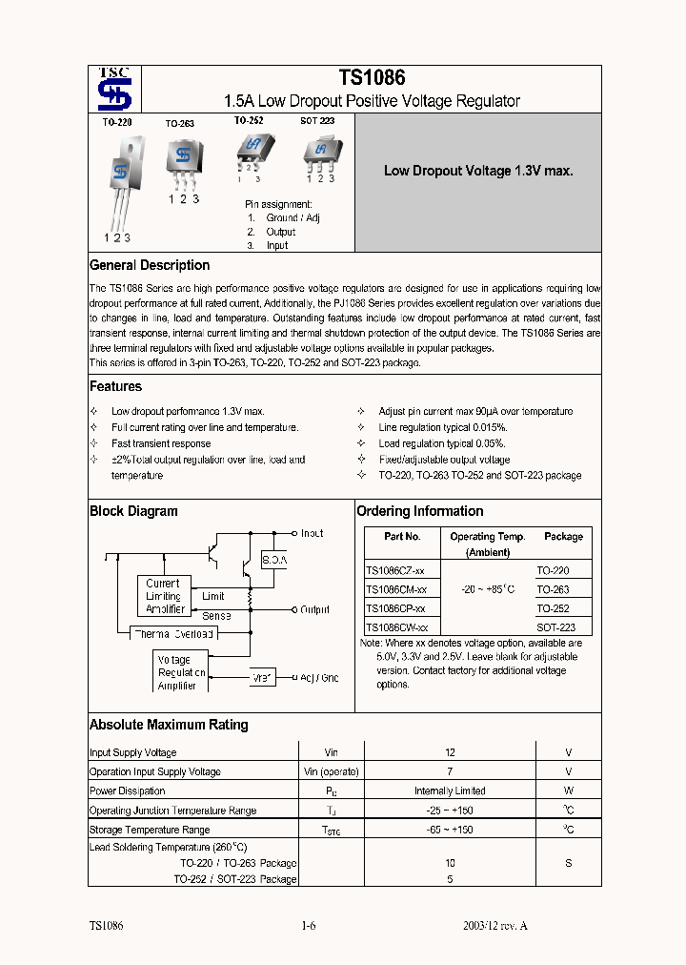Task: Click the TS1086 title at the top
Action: [x=372, y=79]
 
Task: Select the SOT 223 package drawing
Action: [x=319, y=151]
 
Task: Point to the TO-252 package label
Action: [x=249, y=121]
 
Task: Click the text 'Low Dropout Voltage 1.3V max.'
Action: [x=478, y=172]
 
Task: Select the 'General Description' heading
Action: [x=150, y=265]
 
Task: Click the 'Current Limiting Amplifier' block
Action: [x=163, y=596]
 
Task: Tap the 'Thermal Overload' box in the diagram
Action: [x=173, y=633]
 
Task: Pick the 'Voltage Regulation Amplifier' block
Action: [x=178, y=672]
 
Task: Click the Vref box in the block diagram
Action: [x=262, y=678]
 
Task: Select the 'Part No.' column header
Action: [x=402, y=537]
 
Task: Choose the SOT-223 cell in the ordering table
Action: [x=555, y=627]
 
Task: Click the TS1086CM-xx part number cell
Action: [x=396, y=589]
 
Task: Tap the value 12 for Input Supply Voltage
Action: [x=450, y=752]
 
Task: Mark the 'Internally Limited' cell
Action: [x=450, y=790]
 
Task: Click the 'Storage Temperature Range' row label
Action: [x=150, y=830]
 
